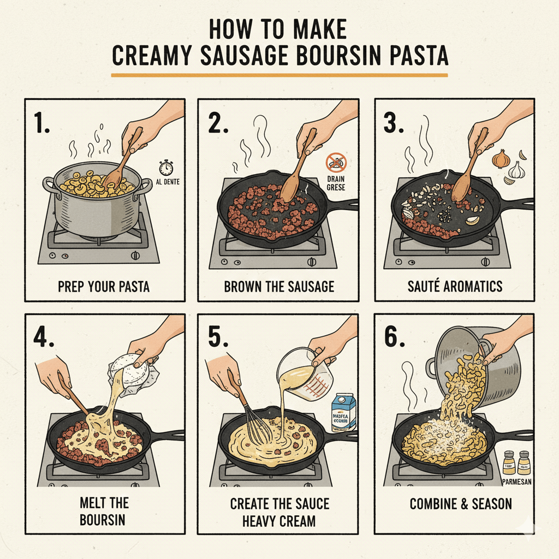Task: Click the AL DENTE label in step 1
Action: (167, 183)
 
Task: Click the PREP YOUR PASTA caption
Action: (104, 286)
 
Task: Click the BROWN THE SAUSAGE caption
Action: (279, 286)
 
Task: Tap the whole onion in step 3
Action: (501, 159)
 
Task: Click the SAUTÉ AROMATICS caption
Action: (454, 286)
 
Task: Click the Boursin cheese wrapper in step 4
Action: (134, 372)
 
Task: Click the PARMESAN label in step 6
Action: (516, 482)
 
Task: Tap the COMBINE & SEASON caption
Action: (461, 503)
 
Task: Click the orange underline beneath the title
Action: (279, 74)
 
